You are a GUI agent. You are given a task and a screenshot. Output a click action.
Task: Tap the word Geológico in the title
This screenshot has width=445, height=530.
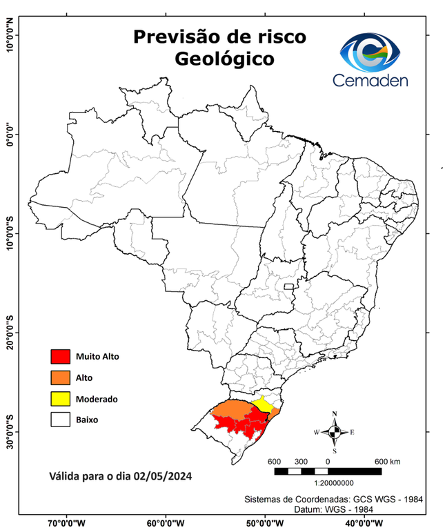point(224,59)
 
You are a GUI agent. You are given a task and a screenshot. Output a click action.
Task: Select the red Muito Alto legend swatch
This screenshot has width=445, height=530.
point(61,357)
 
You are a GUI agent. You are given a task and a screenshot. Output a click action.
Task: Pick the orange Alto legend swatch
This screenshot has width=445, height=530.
point(61,377)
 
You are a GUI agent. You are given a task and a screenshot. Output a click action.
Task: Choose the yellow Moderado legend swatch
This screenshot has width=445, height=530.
point(61,398)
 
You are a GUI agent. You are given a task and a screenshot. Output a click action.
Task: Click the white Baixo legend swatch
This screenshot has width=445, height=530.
point(61,419)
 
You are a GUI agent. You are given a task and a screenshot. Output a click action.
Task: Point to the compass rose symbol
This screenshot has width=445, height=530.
point(334,433)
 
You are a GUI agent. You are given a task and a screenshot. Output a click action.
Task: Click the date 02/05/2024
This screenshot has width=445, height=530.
point(163,476)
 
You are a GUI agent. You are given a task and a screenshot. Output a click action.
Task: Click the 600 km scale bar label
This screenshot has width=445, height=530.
point(387,461)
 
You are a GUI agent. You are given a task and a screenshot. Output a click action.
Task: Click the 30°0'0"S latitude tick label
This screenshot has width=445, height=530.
point(10,431)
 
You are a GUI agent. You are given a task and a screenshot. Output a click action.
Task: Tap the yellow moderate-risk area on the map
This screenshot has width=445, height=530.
point(261,403)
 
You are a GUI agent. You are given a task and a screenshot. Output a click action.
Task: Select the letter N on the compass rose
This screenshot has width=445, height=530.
point(335,415)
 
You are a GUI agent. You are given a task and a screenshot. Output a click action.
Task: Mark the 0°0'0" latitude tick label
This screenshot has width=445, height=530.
point(10,135)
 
